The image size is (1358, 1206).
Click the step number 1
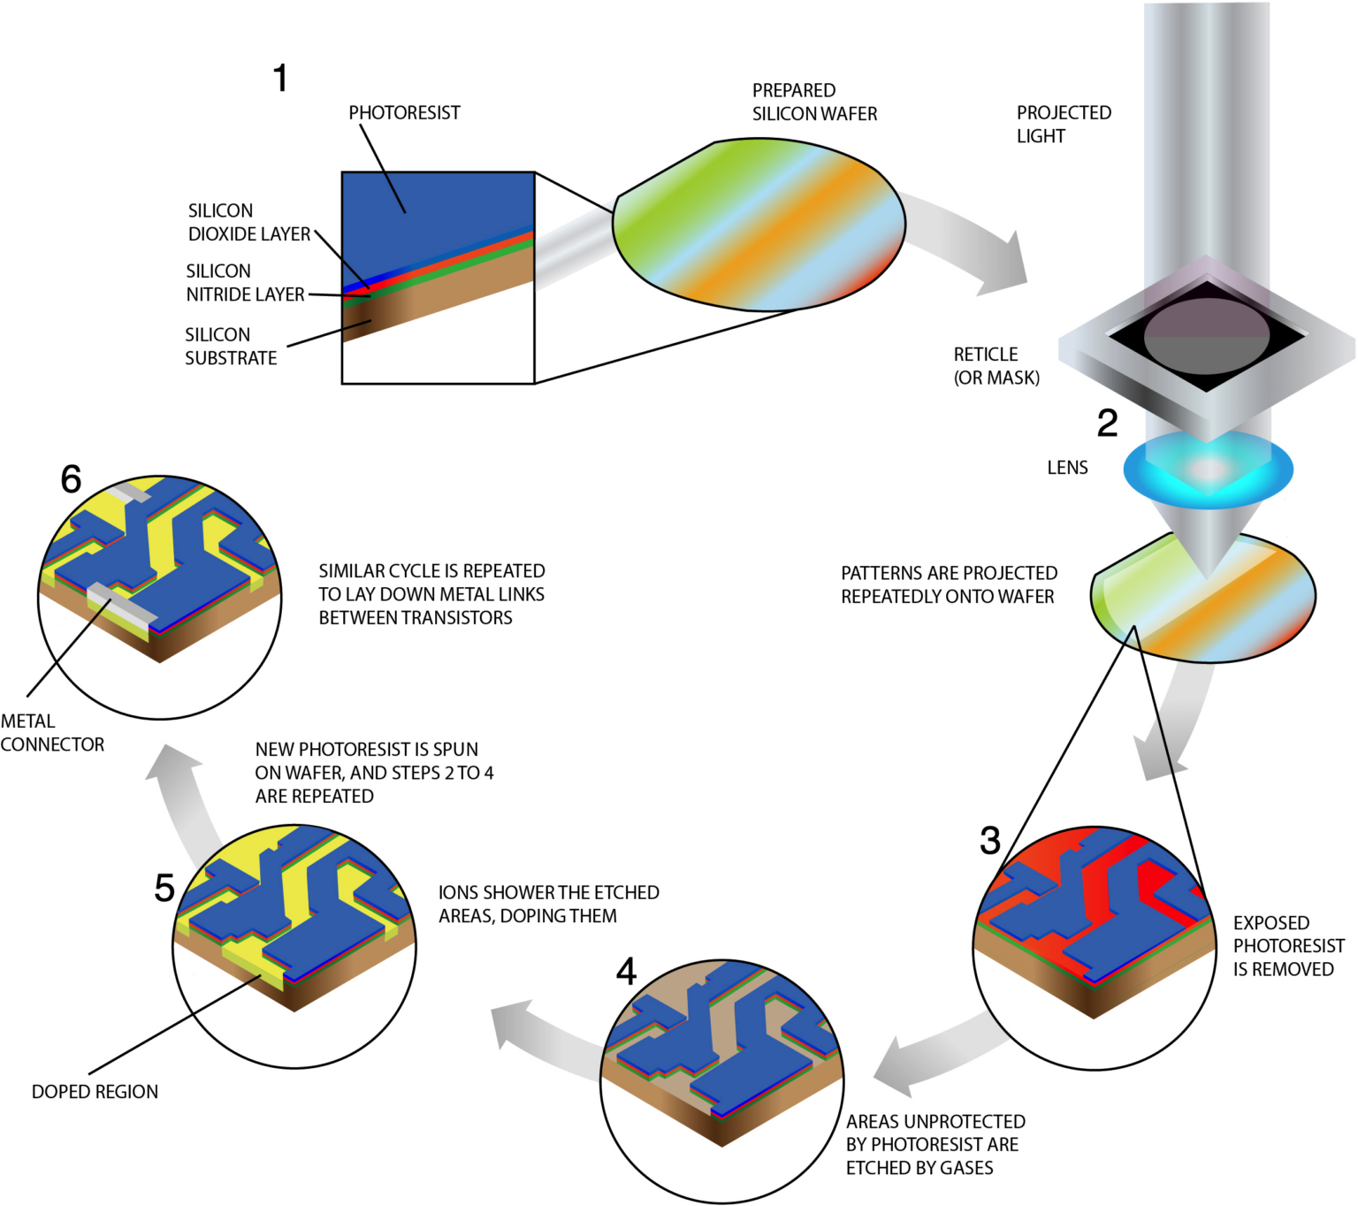tap(281, 78)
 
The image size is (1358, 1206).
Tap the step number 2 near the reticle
tap(1107, 423)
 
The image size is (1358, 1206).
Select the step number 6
tap(71, 479)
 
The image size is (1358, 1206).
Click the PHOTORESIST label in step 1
tap(404, 112)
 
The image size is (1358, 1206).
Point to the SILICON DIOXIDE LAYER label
tap(249, 223)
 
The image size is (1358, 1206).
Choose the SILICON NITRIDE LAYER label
tap(245, 283)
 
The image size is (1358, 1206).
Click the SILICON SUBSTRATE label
tap(231, 346)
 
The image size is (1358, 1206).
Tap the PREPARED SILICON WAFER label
tap(814, 102)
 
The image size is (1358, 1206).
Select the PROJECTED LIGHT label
tap(1064, 124)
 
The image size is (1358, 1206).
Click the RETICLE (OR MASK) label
tap(996, 366)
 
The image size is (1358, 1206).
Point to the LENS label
tap(1067, 468)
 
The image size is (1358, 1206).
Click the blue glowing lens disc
tap(1208, 469)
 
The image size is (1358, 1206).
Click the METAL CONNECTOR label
tap(52, 733)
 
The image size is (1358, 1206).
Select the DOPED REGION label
tap(95, 1092)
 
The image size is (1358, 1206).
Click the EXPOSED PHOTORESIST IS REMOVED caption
tap(1288, 946)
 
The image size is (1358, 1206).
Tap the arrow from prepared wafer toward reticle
tap(969, 238)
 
